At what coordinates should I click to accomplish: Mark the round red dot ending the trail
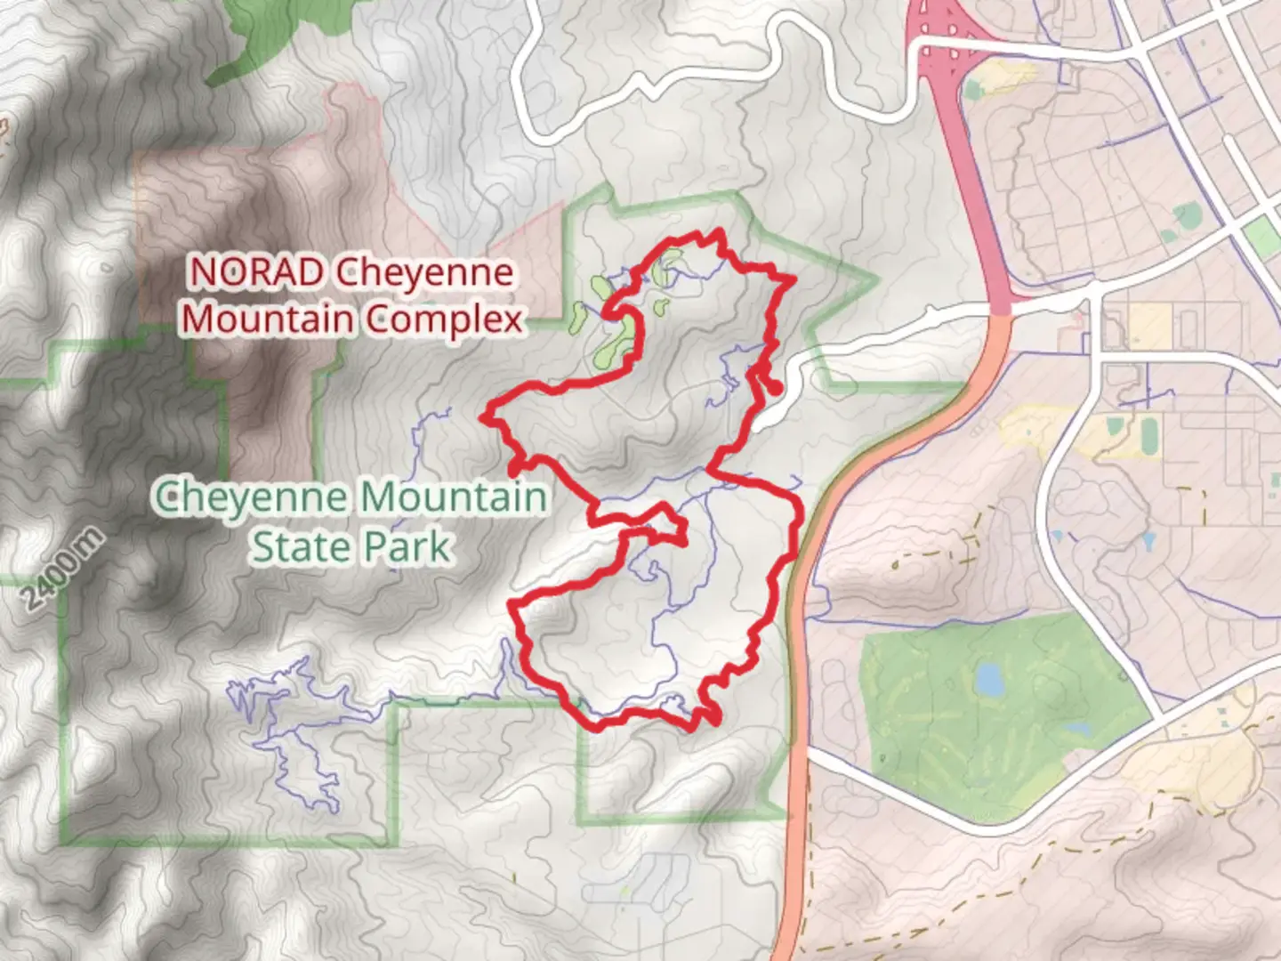coord(775,388)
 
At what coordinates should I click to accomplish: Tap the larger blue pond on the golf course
coord(989,679)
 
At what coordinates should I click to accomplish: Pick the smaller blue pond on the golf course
coord(1077,729)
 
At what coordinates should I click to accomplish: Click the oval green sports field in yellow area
coord(1149,434)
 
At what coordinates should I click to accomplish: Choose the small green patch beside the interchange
coord(974,89)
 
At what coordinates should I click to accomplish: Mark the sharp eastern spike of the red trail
coord(792,280)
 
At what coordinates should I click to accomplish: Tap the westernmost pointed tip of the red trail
coord(483,416)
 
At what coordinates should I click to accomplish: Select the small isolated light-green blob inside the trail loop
coord(660,308)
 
